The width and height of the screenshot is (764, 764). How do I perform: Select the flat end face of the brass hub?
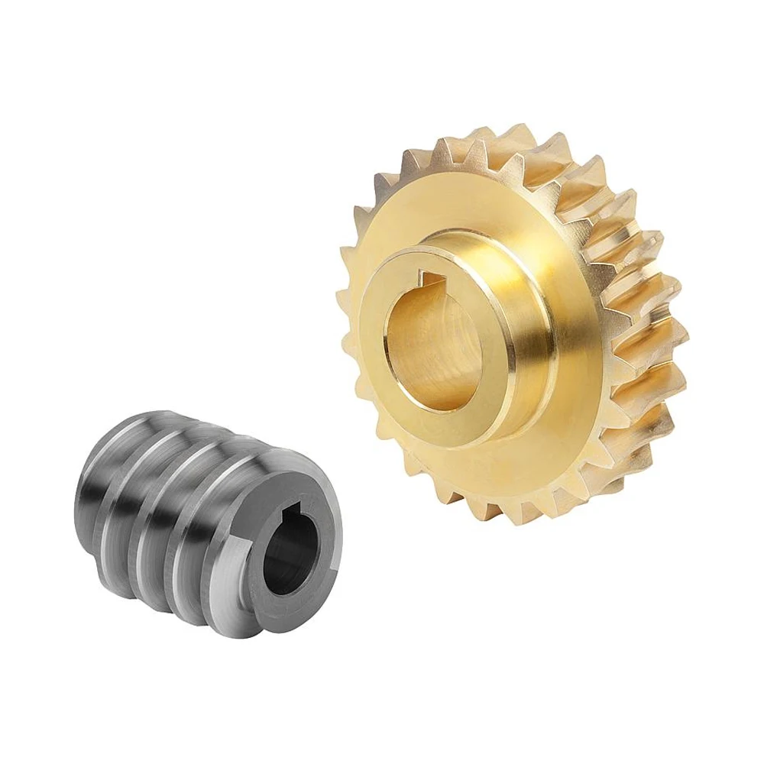tap(382, 374)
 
